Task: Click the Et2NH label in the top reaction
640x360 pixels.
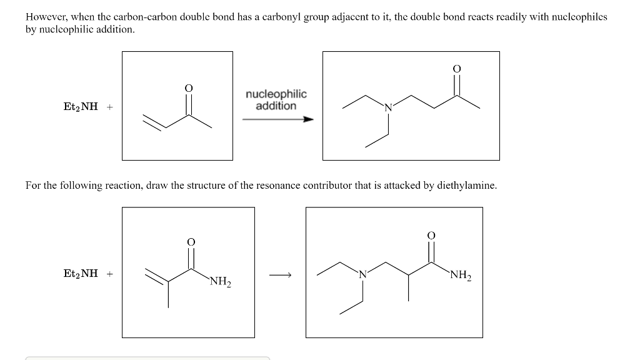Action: click(81, 107)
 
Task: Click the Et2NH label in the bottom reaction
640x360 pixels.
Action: click(81, 274)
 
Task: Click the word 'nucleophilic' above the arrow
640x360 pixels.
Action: click(276, 94)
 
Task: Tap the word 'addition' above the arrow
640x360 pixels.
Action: click(276, 106)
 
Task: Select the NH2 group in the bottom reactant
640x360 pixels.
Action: click(221, 283)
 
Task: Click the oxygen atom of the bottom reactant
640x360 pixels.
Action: click(191, 241)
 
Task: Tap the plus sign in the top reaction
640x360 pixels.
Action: click(109, 107)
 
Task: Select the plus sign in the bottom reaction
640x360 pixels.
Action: click(109, 274)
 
